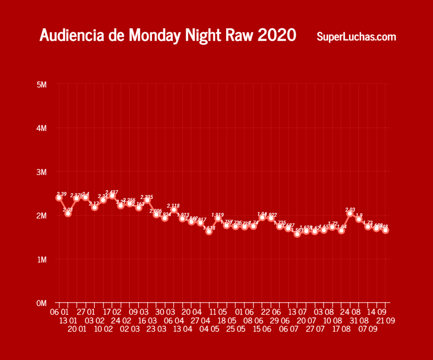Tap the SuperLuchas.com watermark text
pyautogui.click(x=356, y=37)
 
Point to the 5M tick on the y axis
pyautogui.click(x=42, y=84)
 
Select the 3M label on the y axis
pyautogui.click(x=42, y=172)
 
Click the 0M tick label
pyautogui.click(x=42, y=303)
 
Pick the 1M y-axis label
pyautogui.click(x=42, y=259)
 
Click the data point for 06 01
pyautogui.click(x=59, y=198)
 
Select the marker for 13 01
pyautogui.click(x=68, y=213)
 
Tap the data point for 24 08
pyautogui.click(x=350, y=213)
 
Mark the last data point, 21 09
pyautogui.click(x=385, y=230)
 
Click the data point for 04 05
pyautogui.click(x=209, y=231)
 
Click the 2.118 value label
pyautogui.click(x=173, y=206)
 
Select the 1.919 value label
pyautogui.click(x=217, y=215)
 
